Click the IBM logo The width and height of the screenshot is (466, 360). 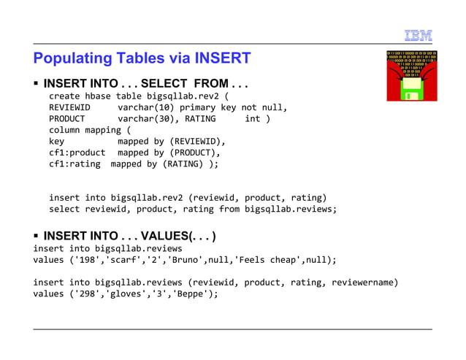(x=418, y=35)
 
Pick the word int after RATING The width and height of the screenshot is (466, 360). (x=252, y=119)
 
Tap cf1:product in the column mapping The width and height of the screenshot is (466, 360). (x=77, y=153)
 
